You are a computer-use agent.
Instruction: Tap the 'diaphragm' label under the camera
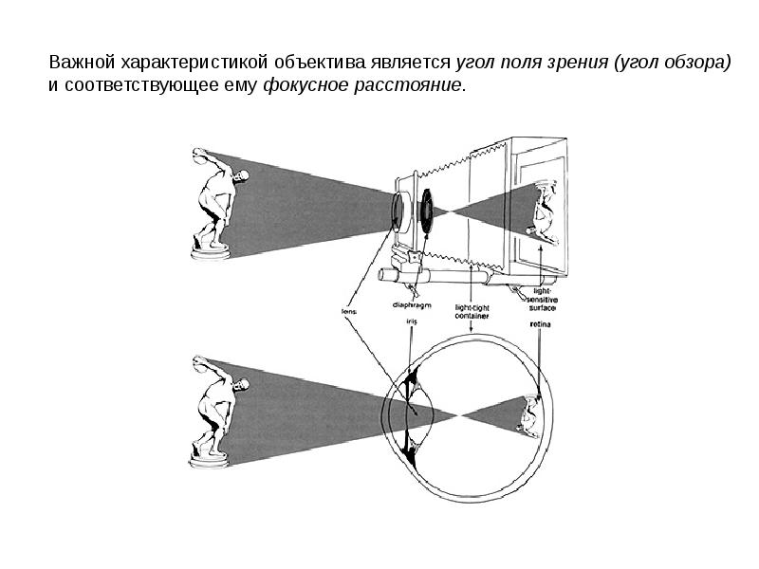(x=410, y=305)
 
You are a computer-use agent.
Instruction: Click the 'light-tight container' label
(x=473, y=312)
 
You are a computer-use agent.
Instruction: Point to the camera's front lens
(x=396, y=211)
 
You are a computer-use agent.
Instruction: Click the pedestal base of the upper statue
(x=211, y=252)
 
